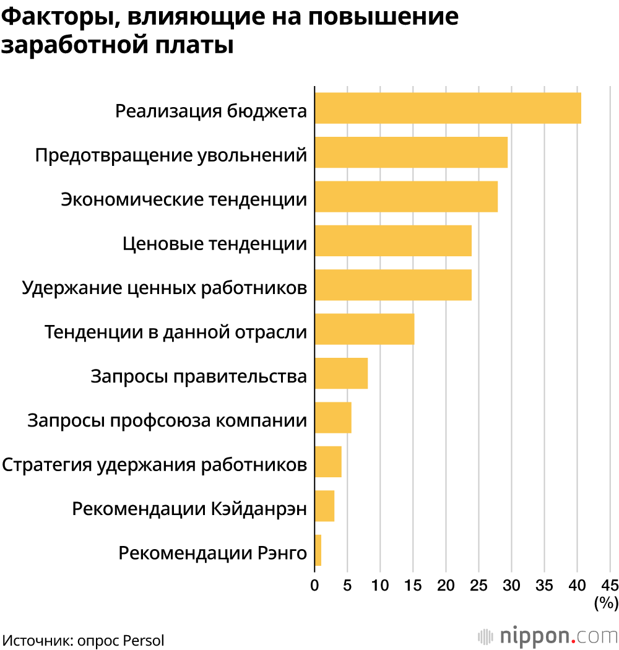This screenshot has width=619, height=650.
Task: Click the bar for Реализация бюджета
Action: click(x=448, y=108)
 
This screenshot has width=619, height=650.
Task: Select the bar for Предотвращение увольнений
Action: click(x=411, y=152)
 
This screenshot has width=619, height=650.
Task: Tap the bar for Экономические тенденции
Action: click(x=406, y=196)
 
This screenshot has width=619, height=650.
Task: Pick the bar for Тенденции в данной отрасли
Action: click(x=365, y=329)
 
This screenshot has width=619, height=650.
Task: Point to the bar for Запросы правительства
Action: click(x=341, y=373)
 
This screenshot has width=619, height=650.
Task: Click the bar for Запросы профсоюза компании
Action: click(x=333, y=417)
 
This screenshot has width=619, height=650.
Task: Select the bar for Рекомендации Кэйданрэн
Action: click(x=324, y=506)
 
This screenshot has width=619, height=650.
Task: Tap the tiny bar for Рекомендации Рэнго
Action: click(x=318, y=550)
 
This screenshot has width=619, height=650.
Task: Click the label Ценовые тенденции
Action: click(x=214, y=243)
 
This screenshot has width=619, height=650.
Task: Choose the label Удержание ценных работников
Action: click(x=164, y=288)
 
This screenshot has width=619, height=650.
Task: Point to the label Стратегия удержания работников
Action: click(x=155, y=464)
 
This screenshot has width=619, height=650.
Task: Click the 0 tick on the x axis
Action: click(x=314, y=585)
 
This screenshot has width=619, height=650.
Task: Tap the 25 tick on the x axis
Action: click(x=478, y=585)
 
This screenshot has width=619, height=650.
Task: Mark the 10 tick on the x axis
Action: click(x=380, y=585)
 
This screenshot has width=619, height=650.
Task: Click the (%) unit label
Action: click(x=606, y=602)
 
